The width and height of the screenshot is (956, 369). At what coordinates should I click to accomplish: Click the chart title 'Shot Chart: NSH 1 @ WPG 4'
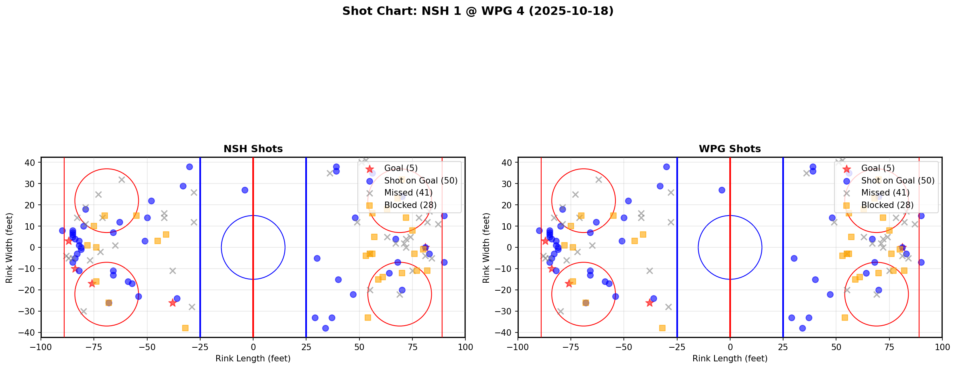(477, 11)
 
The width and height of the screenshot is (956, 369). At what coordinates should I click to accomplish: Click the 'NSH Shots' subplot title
(253, 149)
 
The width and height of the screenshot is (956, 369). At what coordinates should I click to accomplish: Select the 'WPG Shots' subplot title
(730, 149)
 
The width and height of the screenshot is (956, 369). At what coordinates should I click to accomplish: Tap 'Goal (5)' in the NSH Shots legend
(401, 168)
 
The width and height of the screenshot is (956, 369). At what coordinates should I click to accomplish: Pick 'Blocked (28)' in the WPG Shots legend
(887, 205)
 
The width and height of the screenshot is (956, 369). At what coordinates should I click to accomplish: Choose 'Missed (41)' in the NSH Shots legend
(408, 193)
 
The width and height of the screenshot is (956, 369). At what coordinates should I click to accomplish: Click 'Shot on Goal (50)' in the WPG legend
(897, 181)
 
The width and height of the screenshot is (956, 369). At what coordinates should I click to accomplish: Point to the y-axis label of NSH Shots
(9, 247)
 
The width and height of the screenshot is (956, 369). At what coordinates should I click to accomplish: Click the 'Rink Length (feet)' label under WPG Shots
(730, 359)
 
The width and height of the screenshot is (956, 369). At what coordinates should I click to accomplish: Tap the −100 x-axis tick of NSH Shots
(41, 347)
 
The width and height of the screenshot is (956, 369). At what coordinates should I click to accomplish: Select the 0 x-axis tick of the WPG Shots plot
(730, 347)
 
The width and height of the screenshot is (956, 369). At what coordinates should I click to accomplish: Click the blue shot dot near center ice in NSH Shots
(245, 190)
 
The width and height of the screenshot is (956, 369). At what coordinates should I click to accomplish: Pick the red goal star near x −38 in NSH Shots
(173, 303)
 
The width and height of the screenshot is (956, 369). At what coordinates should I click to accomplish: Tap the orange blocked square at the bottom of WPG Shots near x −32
(662, 328)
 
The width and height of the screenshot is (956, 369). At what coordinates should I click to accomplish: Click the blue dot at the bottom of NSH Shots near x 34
(325, 328)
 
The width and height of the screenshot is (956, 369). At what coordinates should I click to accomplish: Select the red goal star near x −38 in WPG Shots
(650, 303)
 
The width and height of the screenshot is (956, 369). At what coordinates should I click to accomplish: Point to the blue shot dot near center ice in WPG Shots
(722, 190)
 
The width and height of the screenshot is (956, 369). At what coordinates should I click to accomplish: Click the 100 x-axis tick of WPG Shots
(942, 347)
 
